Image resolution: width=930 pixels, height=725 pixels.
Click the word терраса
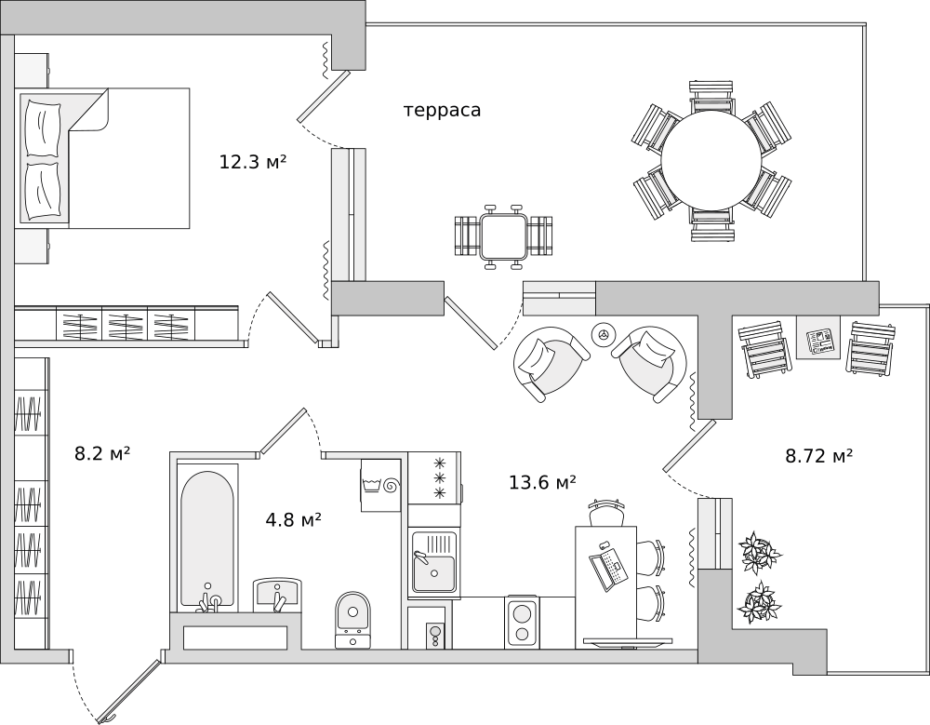442,111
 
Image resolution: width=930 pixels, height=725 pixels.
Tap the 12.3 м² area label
253,162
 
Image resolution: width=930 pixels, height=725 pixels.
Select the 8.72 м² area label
819,456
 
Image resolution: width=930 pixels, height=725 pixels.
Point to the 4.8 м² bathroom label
294,520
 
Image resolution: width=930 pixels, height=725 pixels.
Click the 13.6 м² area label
543,482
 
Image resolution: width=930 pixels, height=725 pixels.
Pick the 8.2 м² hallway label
102,454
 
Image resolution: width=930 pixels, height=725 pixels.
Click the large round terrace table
711,161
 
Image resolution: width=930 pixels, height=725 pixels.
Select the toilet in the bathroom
352,619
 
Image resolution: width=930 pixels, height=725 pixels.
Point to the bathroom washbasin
277,595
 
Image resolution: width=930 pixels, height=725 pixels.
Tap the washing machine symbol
380,485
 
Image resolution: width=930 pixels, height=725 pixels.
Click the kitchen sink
434,561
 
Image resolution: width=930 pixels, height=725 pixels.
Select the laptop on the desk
609,568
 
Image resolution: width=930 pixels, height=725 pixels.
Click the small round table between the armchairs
604,335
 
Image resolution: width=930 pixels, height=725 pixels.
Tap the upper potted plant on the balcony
759,551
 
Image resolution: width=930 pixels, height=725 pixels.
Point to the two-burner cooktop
522,622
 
